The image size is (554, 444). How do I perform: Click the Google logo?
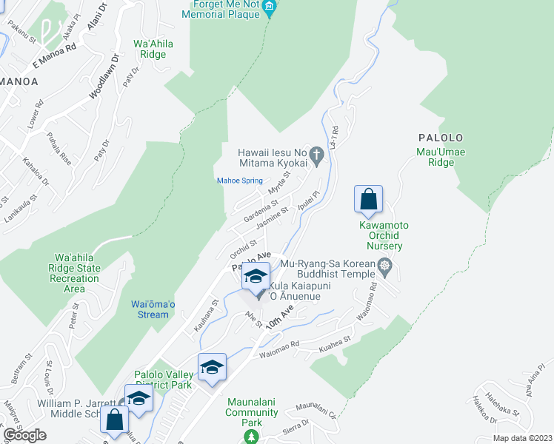(24, 435)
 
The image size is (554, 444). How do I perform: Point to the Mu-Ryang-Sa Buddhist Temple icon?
(384, 265)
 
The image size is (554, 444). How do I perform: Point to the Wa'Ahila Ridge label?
(153, 49)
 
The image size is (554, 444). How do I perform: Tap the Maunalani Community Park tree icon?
(251, 437)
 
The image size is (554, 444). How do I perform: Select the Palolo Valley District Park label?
(162, 380)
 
